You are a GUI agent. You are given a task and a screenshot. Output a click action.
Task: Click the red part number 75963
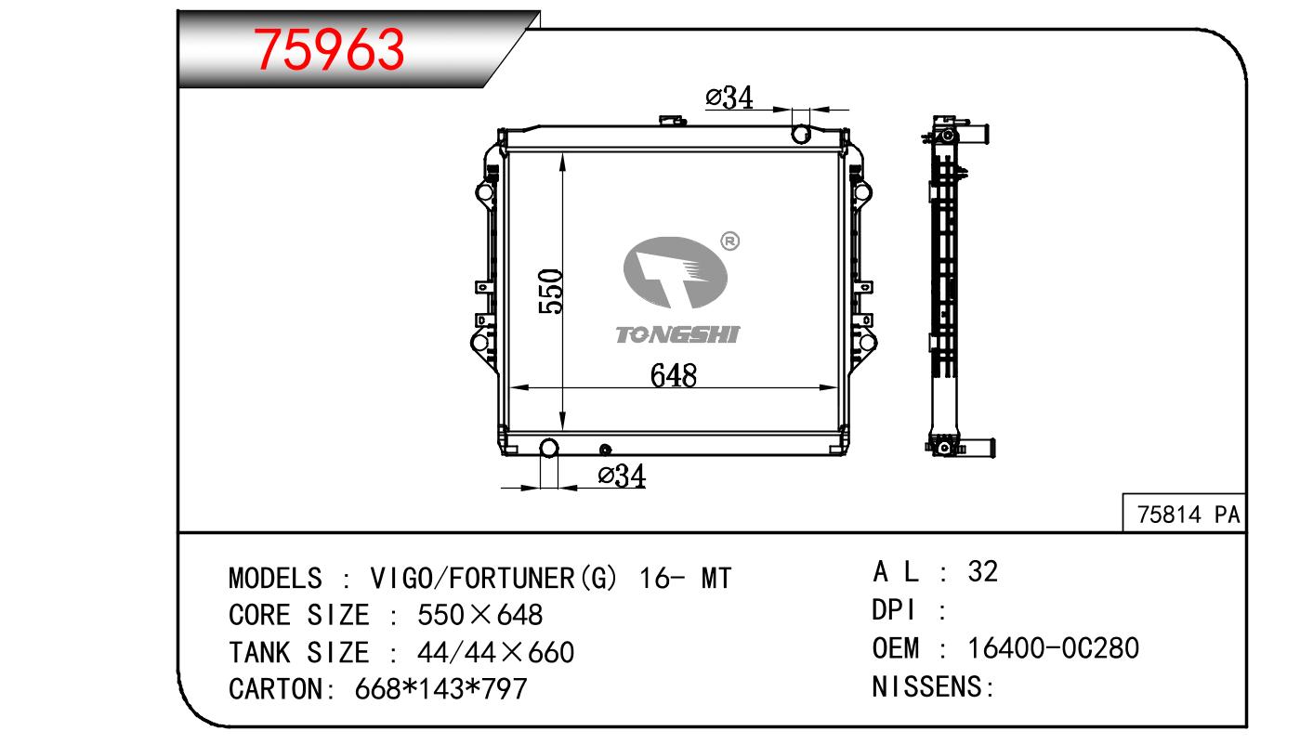[x=329, y=50]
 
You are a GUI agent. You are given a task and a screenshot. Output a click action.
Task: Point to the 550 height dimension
[x=550, y=292]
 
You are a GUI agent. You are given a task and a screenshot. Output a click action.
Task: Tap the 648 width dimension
[x=673, y=375]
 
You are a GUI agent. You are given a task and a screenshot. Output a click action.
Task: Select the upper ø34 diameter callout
[x=729, y=98]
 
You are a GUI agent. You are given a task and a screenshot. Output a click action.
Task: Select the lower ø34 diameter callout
[x=622, y=476]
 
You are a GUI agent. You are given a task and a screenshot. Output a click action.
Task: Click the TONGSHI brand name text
[x=677, y=334]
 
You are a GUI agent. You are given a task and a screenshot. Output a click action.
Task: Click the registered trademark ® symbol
[x=729, y=241]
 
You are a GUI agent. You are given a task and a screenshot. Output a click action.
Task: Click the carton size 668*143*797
[x=440, y=689]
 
